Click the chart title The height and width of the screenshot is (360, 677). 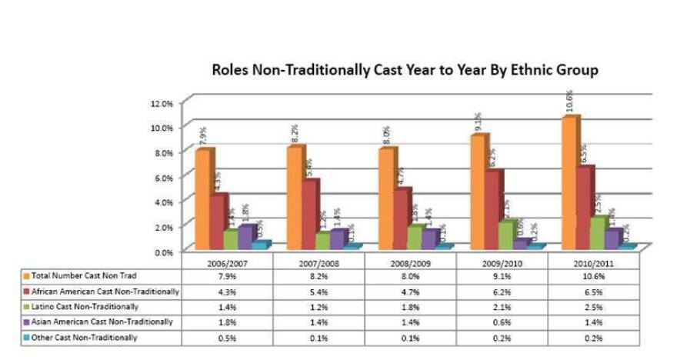[405, 70]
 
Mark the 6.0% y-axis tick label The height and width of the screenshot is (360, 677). [164, 177]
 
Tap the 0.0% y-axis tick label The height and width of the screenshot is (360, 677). [164, 252]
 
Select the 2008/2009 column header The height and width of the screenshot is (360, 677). [411, 262]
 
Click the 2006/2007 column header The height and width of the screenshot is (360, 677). [228, 262]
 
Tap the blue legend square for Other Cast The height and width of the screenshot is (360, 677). [26, 337]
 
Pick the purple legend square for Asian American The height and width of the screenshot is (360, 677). [26, 322]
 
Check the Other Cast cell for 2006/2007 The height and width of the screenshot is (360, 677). [228, 338]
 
